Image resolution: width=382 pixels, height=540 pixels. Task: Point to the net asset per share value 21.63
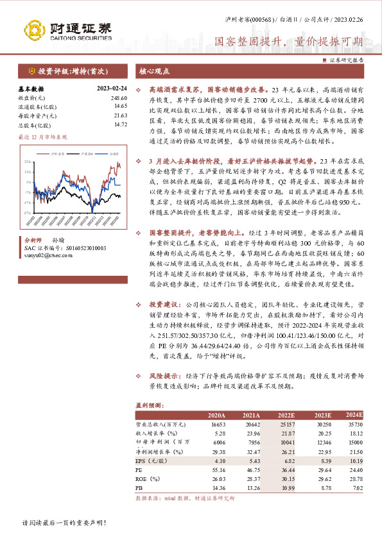coord(121,115)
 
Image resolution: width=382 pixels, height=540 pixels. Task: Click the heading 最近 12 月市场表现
coord(42,137)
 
